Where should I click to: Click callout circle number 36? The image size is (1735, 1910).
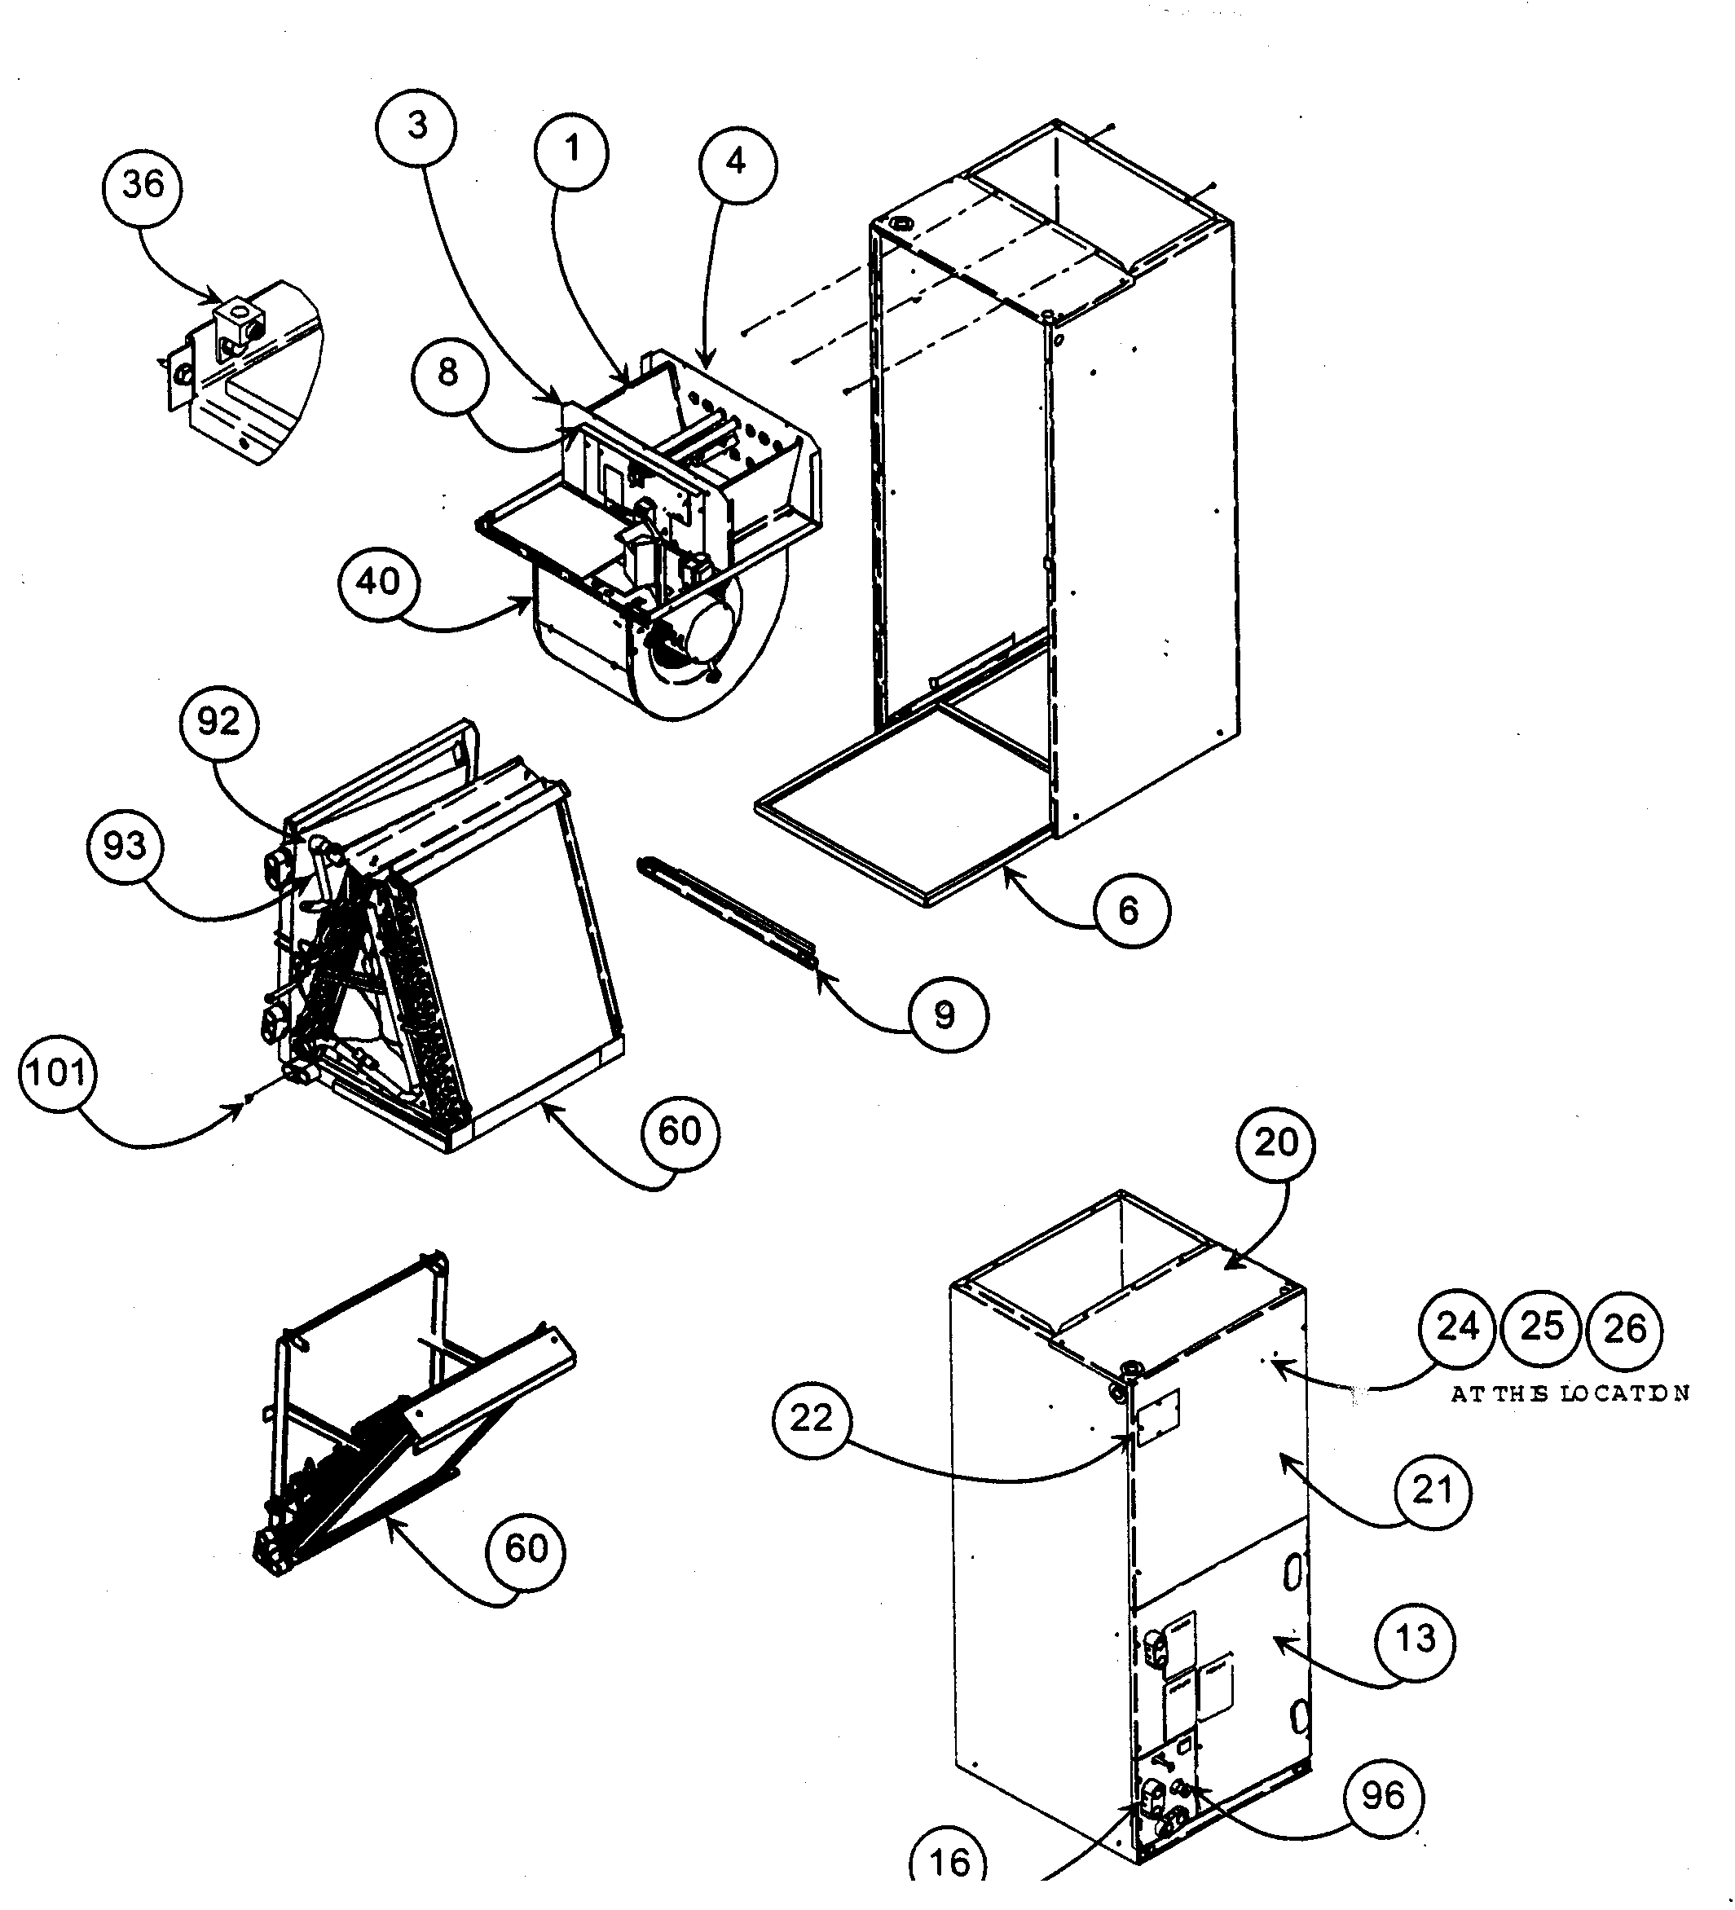tap(142, 186)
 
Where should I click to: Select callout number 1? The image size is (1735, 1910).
tap(571, 151)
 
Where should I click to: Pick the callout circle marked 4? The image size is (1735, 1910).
tap(736, 163)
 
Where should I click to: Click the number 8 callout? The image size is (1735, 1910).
tap(449, 373)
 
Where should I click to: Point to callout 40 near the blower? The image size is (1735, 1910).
tap(378, 581)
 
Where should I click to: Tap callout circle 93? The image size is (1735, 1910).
tap(125, 845)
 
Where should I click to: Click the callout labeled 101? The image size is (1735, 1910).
tap(58, 1073)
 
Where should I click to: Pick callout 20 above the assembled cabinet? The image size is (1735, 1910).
tap(1275, 1143)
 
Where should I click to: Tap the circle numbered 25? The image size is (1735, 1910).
tap(1542, 1327)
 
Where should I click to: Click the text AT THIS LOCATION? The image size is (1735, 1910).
tap(1570, 1393)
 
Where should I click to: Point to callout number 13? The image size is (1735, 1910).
tap(1416, 1639)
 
